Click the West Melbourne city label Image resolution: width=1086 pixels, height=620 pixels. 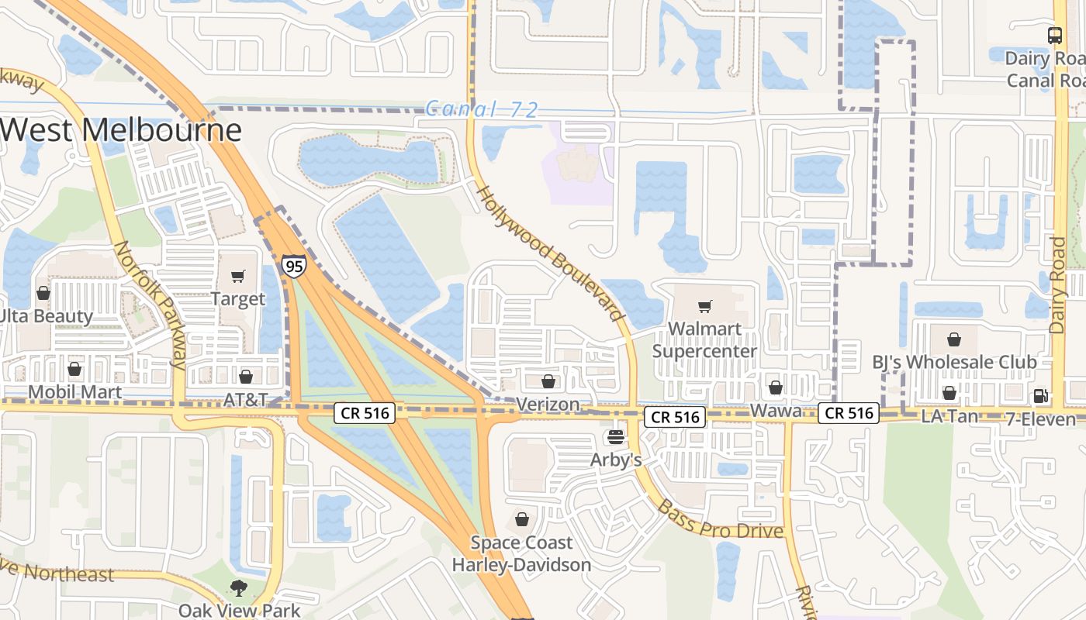point(120,129)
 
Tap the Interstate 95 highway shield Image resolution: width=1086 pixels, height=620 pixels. point(294,267)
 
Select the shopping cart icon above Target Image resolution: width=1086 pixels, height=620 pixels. point(238,277)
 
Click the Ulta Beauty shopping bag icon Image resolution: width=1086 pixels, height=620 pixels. point(43,294)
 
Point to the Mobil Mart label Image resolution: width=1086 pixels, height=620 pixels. point(74,391)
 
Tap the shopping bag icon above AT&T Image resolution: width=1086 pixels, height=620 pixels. point(246,377)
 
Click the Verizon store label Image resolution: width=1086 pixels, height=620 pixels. point(548,404)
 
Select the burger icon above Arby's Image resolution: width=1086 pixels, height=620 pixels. point(616,438)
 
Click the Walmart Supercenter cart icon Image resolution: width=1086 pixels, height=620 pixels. point(704,307)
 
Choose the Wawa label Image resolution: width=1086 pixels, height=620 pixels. point(776,411)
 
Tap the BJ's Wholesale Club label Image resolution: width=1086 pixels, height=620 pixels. point(954,362)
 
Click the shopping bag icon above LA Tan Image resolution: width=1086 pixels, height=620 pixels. point(949,394)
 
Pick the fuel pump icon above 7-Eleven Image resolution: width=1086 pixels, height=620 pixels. point(1041,396)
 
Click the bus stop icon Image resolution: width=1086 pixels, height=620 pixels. point(1054,35)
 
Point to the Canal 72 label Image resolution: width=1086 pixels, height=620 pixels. point(481,109)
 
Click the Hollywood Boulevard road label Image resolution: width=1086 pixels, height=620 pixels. point(551,253)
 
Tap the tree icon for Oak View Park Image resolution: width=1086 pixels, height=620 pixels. point(239,589)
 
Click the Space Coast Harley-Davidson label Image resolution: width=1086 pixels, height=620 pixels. point(521,553)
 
